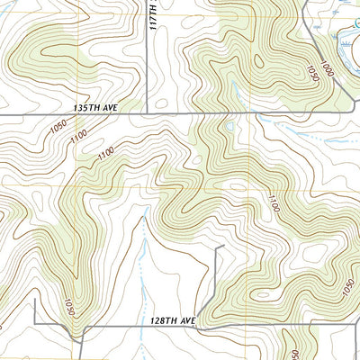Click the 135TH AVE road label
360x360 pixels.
[97, 106]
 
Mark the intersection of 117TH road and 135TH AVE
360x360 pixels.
[147, 115]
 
